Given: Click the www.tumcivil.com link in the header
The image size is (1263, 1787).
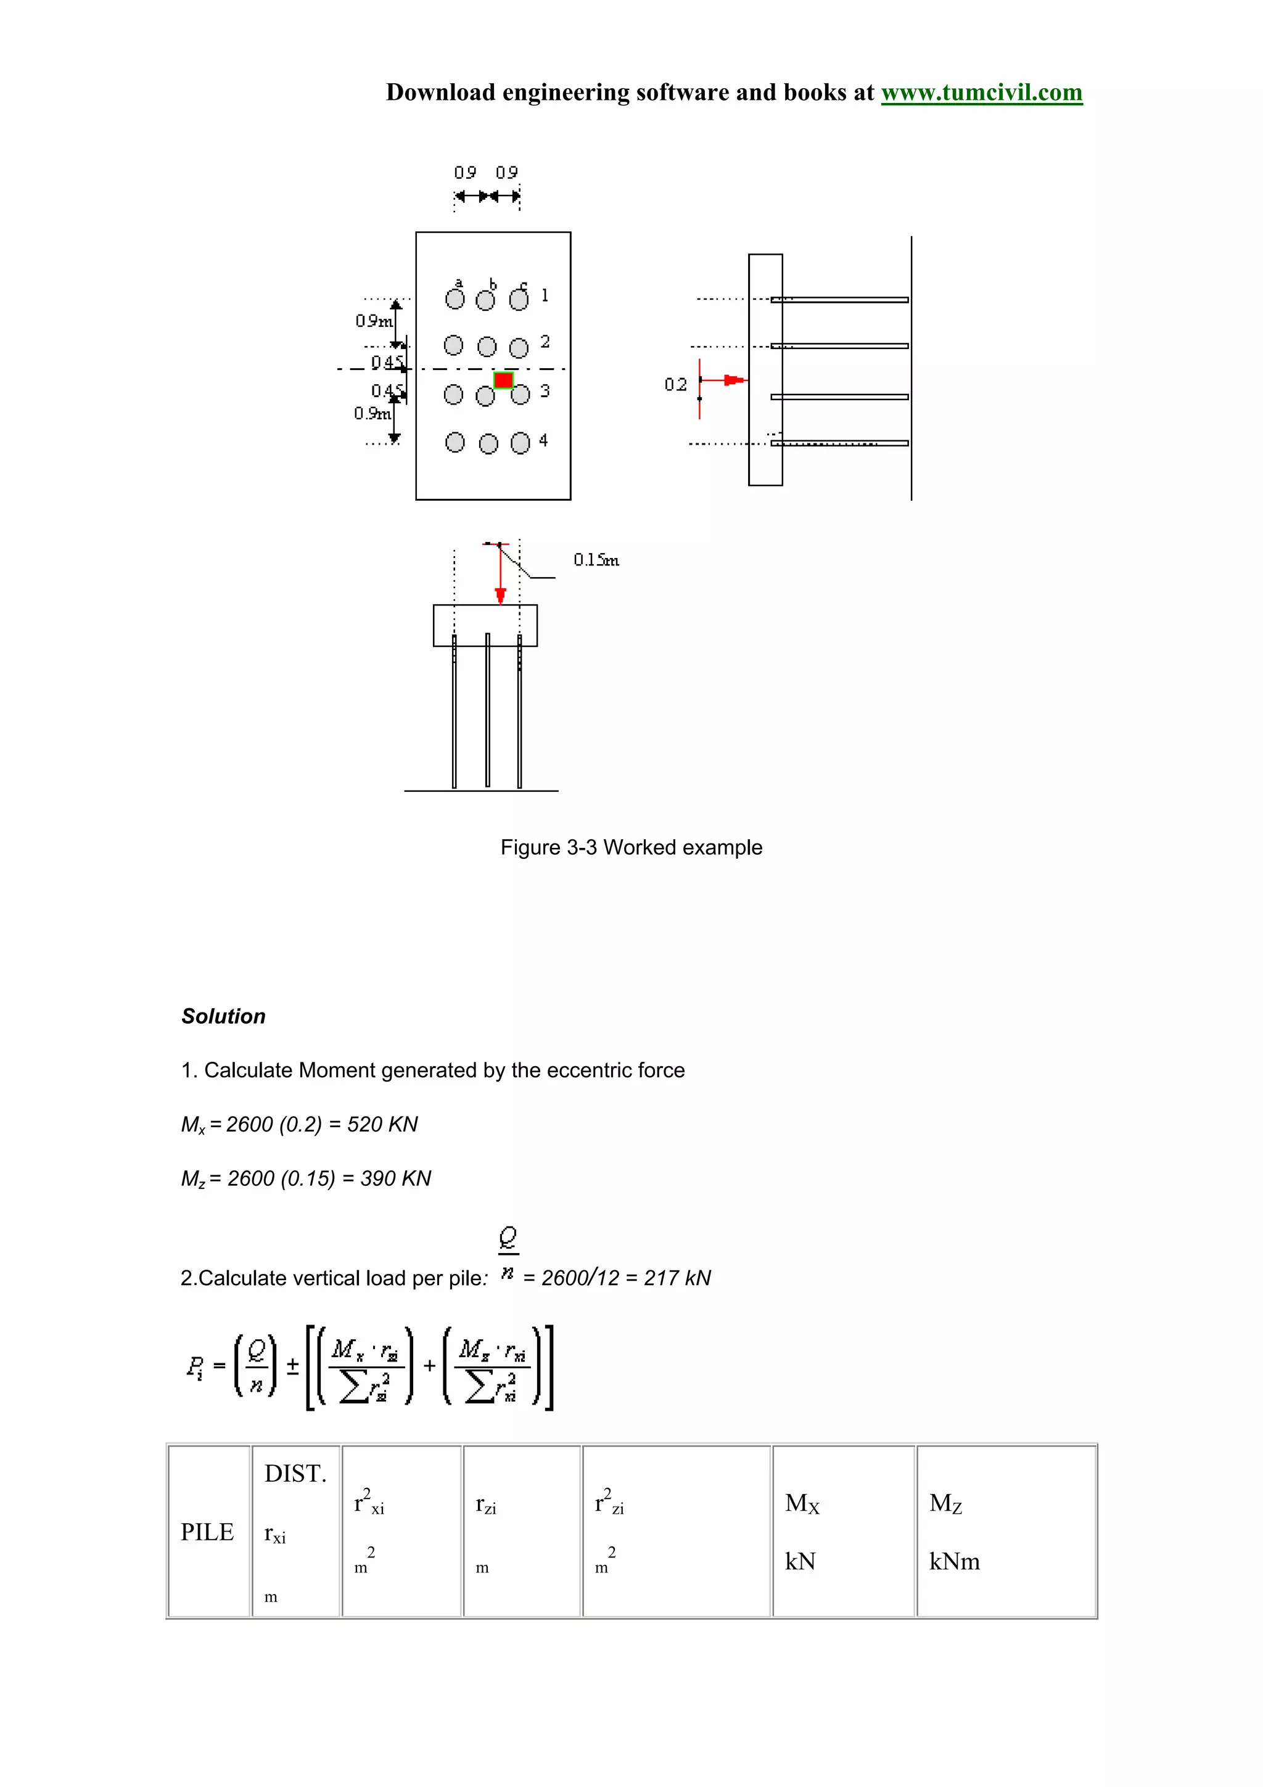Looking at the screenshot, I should (981, 92).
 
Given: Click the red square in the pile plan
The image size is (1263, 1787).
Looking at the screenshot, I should (503, 380).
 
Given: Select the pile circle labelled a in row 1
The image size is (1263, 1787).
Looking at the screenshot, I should (455, 300).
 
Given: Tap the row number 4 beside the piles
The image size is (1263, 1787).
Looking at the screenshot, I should (543, 440).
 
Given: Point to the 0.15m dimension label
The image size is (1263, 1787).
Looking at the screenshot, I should (596, 560).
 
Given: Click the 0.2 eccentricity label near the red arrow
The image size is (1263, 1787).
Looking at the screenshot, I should (675, 385).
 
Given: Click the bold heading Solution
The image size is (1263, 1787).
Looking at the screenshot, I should (223, 1016).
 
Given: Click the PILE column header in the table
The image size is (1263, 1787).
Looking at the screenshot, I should (207, 1532).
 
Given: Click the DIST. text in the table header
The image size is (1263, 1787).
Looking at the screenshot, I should (295, 1473).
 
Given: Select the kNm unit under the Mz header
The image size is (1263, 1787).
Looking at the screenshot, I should (954, 1561).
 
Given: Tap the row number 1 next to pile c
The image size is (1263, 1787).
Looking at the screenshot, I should (545, 295).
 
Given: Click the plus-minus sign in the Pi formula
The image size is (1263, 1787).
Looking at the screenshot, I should (292, 1366).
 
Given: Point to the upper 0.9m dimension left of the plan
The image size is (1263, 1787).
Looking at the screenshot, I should (374, 321).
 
